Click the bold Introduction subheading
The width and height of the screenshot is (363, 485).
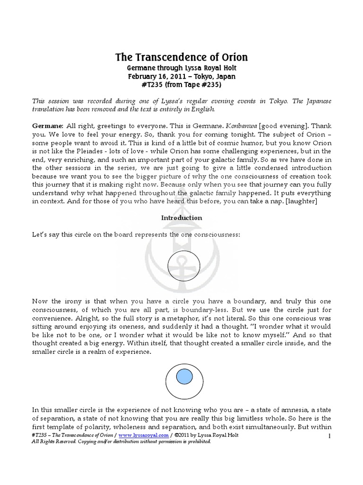[x=181, y=218]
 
